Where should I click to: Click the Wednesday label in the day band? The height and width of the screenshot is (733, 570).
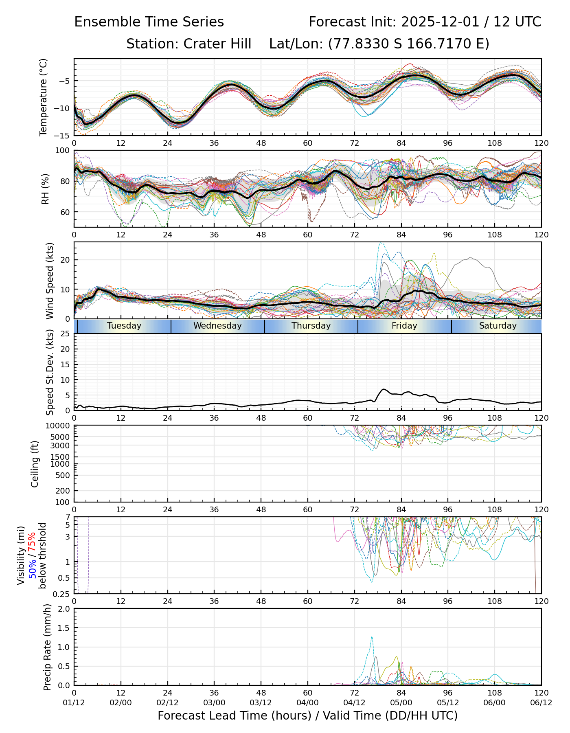coord(217,326)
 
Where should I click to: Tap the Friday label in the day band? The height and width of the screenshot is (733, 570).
coord(404,326)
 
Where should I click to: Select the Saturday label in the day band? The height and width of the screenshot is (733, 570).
coord(498,326)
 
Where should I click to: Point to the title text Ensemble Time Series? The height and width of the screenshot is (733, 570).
coord(149,22)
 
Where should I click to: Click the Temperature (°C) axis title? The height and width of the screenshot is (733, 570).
coord(44,97)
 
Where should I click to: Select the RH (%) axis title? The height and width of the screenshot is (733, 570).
coord(45,189)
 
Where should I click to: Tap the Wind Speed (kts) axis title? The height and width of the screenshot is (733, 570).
coord(50,281)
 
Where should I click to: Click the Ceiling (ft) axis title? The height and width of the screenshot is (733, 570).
coord(35,464)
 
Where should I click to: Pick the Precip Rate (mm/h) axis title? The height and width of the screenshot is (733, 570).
coord(47,647)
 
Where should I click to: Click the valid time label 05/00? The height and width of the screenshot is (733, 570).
coord(401,702)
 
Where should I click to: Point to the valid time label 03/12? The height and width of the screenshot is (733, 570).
coord(261,702)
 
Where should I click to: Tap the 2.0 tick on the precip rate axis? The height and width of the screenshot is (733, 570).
coord(64,609)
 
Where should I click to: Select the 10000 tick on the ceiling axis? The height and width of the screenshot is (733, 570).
coord(59,426)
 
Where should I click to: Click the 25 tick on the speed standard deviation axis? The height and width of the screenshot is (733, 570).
coord(65,334)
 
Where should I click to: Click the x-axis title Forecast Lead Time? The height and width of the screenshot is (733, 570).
coord(307,715)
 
